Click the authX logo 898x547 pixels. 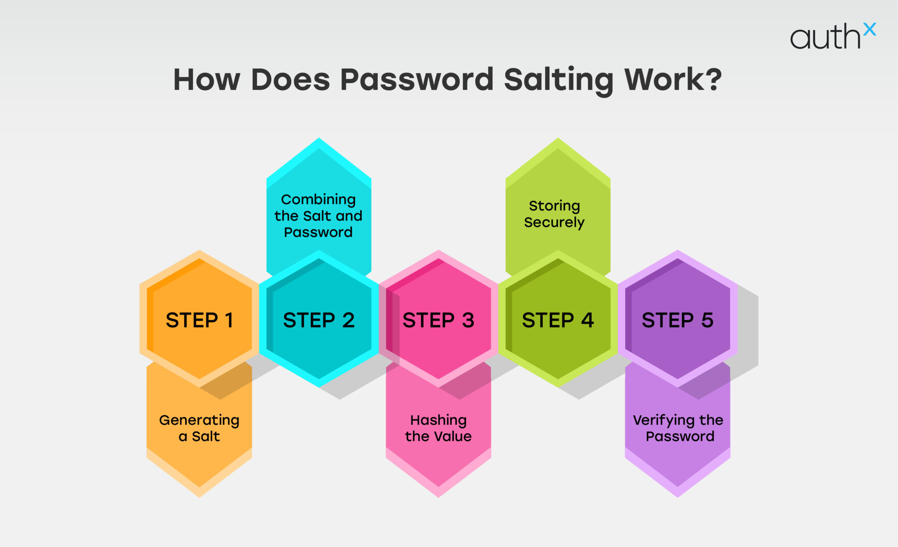pyautogui.click(x=832, y=36)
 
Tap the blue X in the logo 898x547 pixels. pyautogui.click(x=869, y=29)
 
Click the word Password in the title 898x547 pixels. pyautogui.click(x=417, y=80)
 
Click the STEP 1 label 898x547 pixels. pyautogui.click(x=200, y=320)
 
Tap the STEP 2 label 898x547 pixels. pyautogui.click(x=319, y=320)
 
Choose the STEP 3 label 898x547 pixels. pyautogui.click(x=438, y=320)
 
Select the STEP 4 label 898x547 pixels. pyautogui.click(x=558, y=320)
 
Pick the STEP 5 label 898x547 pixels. pyautogui.click(x=677, y=320)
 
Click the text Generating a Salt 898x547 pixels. pyautogui.click(x=200, y=428)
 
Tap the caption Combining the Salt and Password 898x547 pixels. pyautogui.click(x=318, y=215)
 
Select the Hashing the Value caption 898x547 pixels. pyautogui.click(x=438, y=428)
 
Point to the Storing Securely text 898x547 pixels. pyautogui.click(x=554, y=214)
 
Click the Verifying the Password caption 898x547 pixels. pyautogui.click(x=678, y=428)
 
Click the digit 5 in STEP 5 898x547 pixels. pyautogui.click(x=707, y=320)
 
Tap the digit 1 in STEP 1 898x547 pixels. pyautogui.click(x=229, y=320)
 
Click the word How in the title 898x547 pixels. pyautogui.click(x=207, y=80)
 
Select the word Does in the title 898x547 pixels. pyautogui.click(x=290, y=80)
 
